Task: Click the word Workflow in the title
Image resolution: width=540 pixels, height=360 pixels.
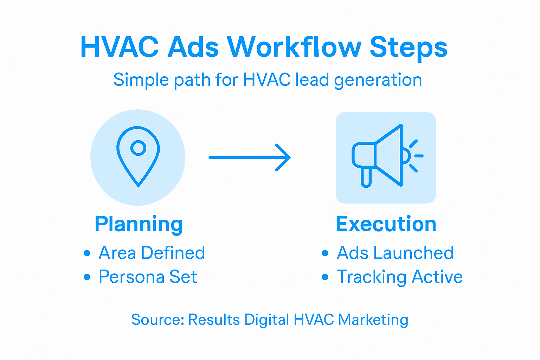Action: pos(294,47)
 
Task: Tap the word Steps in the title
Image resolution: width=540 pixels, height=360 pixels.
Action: pos(409,47)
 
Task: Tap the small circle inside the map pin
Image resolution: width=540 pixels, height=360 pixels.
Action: pos(138,148)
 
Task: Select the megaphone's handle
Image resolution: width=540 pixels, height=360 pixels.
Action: pos(366,177)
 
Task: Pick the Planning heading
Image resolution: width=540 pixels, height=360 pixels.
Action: pos(139,224)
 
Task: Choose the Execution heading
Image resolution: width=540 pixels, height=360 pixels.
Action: pos(386,224)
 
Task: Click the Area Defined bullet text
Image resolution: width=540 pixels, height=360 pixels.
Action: pos(152,253)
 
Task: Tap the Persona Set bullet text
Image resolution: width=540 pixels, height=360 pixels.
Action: pos(148,277)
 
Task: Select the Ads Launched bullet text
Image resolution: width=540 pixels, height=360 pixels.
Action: pos(395,253)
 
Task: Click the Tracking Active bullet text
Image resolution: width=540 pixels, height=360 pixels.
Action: pos(399,277)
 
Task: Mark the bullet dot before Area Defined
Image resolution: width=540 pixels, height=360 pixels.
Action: pos(87,253)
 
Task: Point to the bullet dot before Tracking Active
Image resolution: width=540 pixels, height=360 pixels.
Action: pos(325,277)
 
